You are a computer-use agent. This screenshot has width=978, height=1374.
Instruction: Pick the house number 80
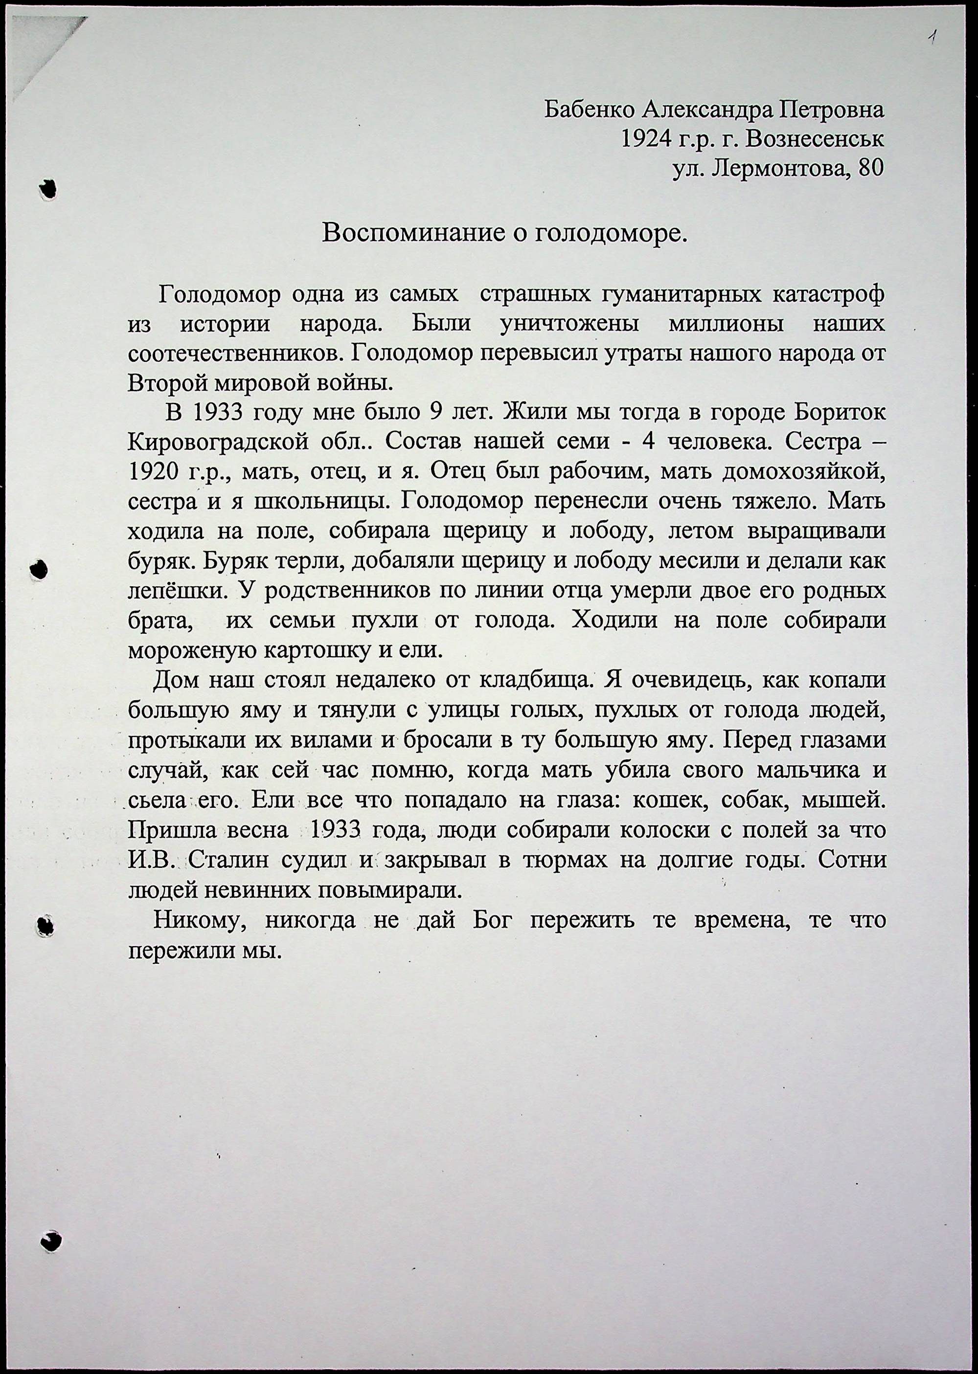(871, 169)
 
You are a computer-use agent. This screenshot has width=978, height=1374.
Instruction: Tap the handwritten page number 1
(932, 39)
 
